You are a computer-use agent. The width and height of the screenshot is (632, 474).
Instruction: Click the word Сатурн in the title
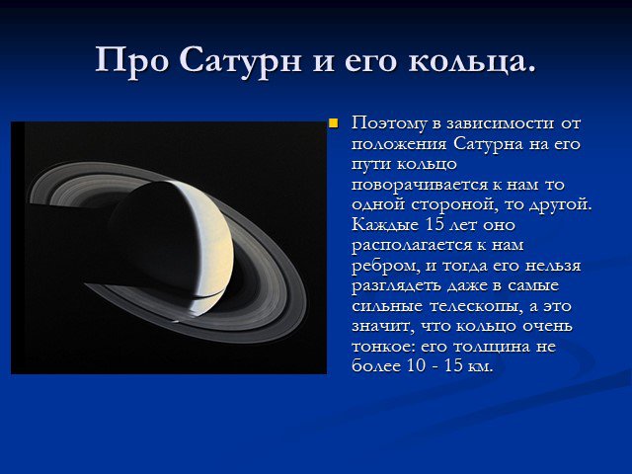pos(240,60)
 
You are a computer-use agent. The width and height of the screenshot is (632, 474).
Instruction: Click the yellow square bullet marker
pos(334,122)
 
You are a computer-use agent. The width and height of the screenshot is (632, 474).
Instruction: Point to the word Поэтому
pos(388,123)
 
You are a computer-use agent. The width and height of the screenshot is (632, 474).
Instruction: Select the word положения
pos(399,144)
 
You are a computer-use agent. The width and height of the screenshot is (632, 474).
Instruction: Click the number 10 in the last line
pos(417,366)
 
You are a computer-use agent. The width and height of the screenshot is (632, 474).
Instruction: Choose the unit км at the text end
pos(481,366)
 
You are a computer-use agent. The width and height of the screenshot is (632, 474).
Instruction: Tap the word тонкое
pos(383,347)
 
